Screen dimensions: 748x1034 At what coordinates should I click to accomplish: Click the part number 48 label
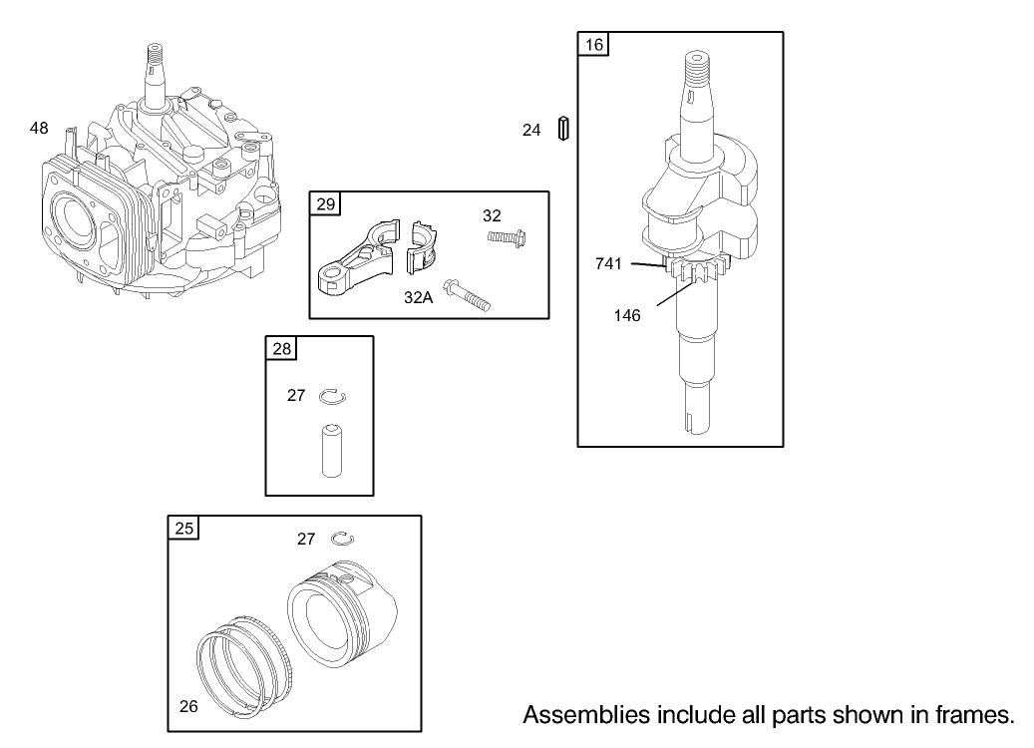click(39, 128)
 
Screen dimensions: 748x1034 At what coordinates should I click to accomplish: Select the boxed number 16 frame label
click(593, 45)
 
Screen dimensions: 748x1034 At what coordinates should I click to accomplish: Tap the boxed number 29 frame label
click(325, 204)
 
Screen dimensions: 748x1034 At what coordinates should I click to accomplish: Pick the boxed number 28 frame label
click(281, 348)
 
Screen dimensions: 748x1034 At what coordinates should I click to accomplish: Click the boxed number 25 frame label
click(184, 529)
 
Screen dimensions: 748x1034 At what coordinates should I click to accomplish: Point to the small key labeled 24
click(563, 129)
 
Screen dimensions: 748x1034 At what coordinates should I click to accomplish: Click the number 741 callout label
click(608, 263)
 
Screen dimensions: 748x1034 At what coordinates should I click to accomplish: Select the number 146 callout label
click(627, 315)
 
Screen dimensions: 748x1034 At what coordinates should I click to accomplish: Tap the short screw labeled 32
click(507, 237)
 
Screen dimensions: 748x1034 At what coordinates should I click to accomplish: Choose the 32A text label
click(418, 296)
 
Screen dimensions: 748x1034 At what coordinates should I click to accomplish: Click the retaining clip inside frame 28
click(332, 397)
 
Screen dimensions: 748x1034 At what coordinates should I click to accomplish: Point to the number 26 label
click(188, 707)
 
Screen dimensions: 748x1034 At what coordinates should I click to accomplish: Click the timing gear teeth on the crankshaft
click(704, 270)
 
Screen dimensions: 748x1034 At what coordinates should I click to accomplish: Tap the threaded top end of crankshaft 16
click(697, 69)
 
